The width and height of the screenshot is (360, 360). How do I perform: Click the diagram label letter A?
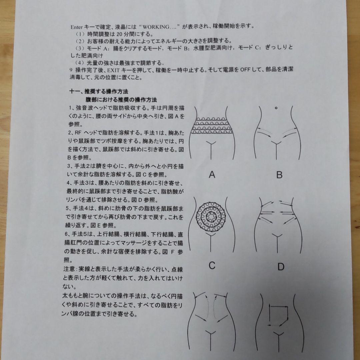pyautogui.click(x=212, y=175)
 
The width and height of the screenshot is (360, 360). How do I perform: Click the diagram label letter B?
pyautogui.click(x=279, y=175)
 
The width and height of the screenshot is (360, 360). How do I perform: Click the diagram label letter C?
pyautogui.click(x=212, y=266)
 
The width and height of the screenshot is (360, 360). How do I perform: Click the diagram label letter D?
pyautogui.click(x=281, y=267)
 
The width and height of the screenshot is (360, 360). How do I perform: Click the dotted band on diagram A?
pyautogui.click(x=212, y=126)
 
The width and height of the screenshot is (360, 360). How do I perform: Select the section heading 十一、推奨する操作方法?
pyautogui.click(x=99, y=91)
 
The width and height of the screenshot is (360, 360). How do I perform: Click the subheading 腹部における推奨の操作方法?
pyautogui.click(x=121, y=100)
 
